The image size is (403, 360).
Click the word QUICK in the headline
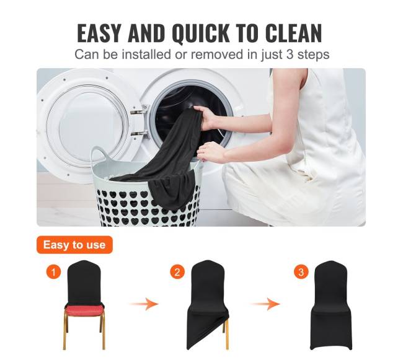coord(200,33)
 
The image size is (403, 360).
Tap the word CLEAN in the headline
coord(293,33)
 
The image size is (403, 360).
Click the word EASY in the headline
coord(99,33)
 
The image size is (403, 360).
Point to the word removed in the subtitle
coord(217,55)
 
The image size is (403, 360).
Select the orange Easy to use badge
coord(74,245)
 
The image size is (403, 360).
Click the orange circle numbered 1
coord(53,271)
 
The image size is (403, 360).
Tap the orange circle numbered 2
coord(177,271)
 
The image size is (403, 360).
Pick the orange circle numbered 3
coord(301,271)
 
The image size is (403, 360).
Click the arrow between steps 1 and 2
coord(144,304)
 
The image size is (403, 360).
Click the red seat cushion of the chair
coord(84,310)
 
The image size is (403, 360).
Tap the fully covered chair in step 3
coord(331,305)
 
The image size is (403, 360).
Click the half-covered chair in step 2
coord(208,305)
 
